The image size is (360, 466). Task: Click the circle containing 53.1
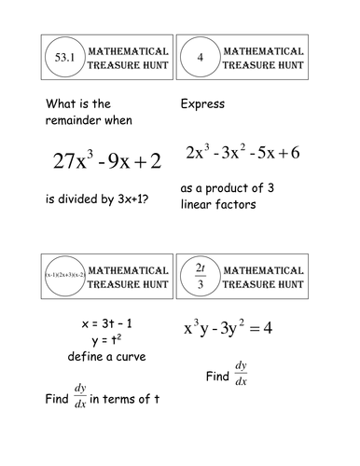[x=65, y=58]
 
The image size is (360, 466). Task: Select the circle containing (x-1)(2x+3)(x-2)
[x=64, y=277]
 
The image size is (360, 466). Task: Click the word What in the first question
[x=60, y=104]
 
